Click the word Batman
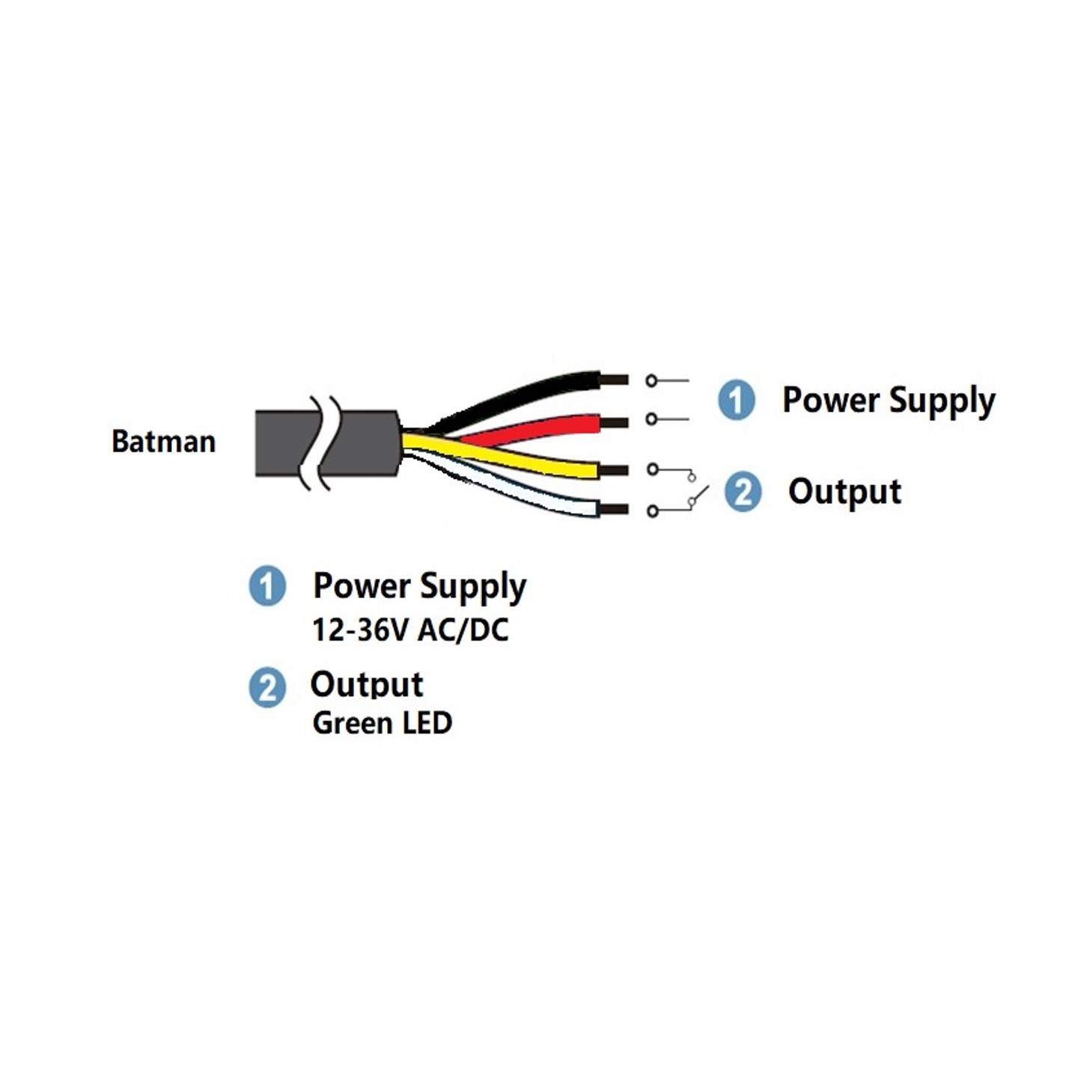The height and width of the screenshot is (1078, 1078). [163, 442]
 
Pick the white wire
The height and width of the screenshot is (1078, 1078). [539, 497]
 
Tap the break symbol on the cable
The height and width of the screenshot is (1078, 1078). [320, 442]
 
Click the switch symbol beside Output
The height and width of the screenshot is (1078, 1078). [697, 494]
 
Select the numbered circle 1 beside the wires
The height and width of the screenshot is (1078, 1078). [737, 400]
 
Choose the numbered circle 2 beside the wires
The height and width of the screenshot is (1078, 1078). [743, 492]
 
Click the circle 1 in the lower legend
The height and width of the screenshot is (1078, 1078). [267, 586]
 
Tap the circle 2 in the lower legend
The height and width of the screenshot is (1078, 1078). [267, 687]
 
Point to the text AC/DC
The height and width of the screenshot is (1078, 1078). [463, 630]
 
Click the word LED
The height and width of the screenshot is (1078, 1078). [427, 723]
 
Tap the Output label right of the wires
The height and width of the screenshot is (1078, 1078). [844, 493]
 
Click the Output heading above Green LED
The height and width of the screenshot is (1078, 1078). [367, 685]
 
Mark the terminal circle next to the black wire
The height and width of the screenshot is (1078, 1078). [651, 381]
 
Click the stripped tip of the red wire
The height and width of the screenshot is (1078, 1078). [614, 423]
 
